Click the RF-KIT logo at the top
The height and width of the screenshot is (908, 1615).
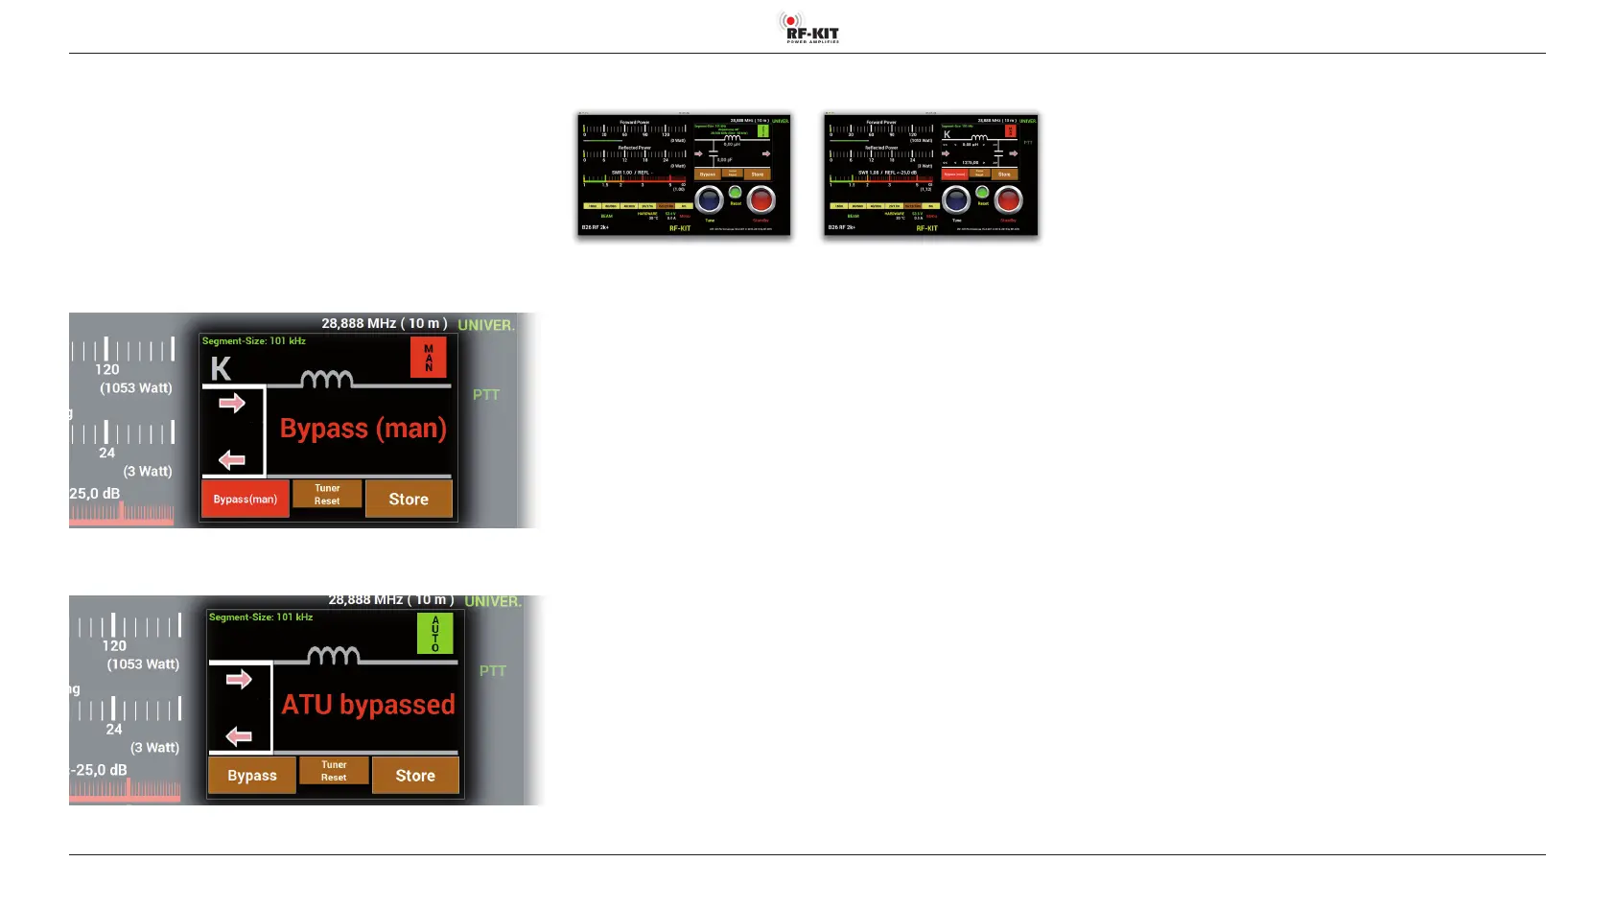point(808,27)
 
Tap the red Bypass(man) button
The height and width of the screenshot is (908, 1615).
point(245,499)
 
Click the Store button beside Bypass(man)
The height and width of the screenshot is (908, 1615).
point(409,499)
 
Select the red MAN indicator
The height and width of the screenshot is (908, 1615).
point(428,357)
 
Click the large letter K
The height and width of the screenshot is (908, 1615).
point(221,369)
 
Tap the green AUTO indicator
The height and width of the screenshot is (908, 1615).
point(434,634)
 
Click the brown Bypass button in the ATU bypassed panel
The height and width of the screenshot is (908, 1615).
point(251,775)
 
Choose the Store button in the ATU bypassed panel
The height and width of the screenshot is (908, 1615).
point(415,775)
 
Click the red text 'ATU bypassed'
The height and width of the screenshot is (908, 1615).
point(368,705)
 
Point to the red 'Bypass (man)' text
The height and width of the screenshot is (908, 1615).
point(363,429)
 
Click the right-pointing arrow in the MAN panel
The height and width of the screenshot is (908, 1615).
point(232,404)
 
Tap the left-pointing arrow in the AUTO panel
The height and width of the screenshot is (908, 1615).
point(239,736)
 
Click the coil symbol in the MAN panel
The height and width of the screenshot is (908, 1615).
point(326,379)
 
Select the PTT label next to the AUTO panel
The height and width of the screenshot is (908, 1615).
point(492,671)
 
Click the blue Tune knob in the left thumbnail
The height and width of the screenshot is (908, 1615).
point(709,199)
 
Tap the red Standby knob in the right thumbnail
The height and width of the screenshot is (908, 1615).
point(1008,199)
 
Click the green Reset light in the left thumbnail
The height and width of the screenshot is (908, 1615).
point(735,193)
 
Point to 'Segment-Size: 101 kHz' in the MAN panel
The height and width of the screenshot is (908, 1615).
point(254,341)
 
